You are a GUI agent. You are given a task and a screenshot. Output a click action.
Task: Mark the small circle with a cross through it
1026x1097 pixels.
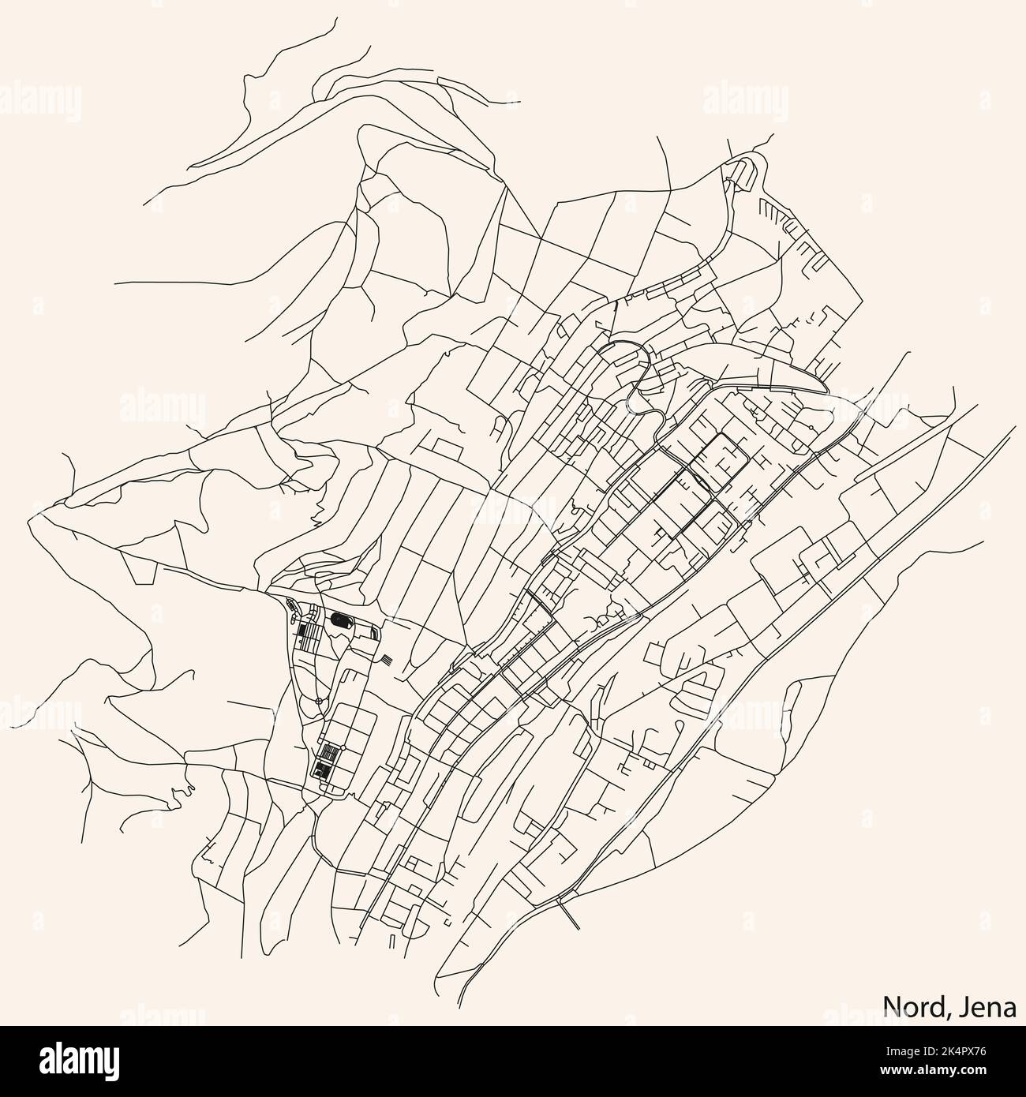pos(318,701)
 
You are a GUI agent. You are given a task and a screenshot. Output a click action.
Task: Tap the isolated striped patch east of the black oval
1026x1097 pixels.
pos(384,657)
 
